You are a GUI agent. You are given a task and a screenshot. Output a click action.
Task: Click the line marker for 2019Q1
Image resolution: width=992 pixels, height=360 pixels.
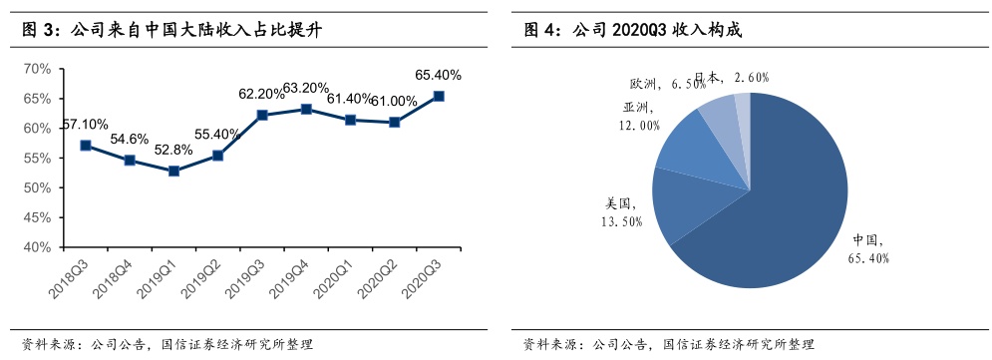(174, 171)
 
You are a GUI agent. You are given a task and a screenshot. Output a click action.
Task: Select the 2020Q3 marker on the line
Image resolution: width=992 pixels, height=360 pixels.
(439, 96)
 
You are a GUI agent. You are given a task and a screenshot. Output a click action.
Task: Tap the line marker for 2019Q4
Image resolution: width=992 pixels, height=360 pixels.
(306, 109)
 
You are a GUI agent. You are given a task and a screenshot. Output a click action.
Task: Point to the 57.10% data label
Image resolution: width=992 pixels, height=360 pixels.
(85, 125)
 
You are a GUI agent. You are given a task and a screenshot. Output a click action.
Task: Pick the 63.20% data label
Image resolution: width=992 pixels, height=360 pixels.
(305, 87)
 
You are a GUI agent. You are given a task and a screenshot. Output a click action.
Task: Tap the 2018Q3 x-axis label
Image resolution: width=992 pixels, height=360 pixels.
(69, 274)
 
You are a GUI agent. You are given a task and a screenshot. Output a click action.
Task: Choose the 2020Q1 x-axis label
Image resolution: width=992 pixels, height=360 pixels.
(333, 274)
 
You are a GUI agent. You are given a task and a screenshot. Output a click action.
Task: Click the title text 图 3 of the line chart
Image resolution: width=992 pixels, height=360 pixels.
(36, 29)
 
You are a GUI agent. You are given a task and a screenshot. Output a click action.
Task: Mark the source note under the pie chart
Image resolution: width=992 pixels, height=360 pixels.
(668, 345)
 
